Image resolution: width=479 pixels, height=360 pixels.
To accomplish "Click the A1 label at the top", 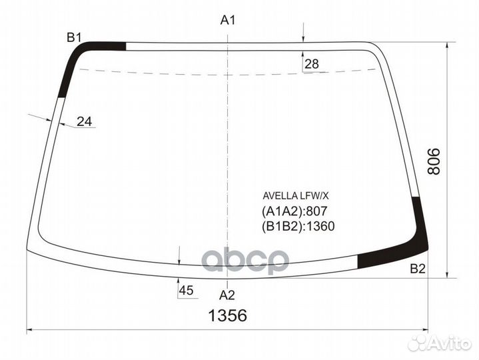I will (229, 21).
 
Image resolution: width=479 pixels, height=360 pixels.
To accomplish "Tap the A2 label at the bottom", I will (227, 295).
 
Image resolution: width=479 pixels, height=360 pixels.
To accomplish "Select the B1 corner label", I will (73, 37).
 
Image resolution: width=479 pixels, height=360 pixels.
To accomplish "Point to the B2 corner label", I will (417, 269).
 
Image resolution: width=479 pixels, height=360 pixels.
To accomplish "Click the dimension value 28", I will (312, 65).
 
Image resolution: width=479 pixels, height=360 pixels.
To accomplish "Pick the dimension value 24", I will (84, 121).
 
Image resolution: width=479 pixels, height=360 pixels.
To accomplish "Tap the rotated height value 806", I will (434, 161).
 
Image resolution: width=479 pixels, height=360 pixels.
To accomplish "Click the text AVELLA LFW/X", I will (296, 196).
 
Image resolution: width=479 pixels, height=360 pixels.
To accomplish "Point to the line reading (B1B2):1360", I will (298, 226).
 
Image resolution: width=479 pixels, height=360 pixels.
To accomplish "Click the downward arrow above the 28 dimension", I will (303, 37).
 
